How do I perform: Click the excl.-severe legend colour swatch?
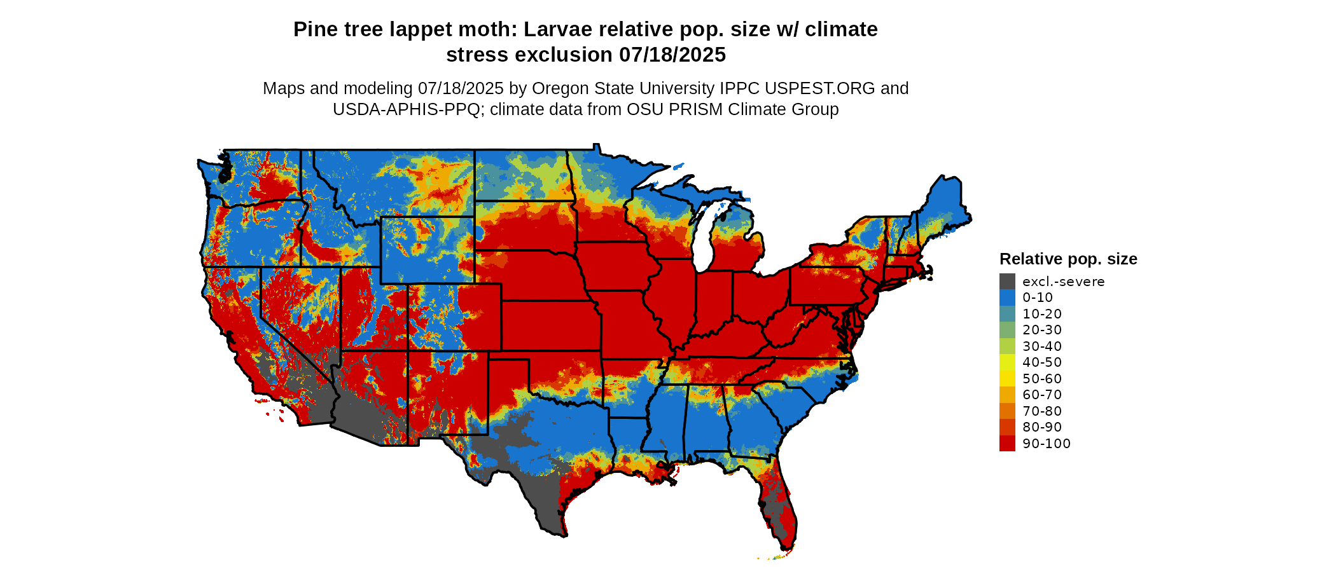1007,282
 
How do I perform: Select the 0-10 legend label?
1038,297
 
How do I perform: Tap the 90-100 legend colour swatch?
1007,444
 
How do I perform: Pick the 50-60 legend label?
1042,379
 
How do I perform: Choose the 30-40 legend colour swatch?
1007,346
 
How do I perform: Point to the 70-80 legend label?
1042,411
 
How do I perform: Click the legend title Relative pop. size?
1068,259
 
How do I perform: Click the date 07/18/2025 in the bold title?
672,55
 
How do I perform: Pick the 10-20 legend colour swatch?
1007,314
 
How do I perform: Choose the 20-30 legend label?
1042,330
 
